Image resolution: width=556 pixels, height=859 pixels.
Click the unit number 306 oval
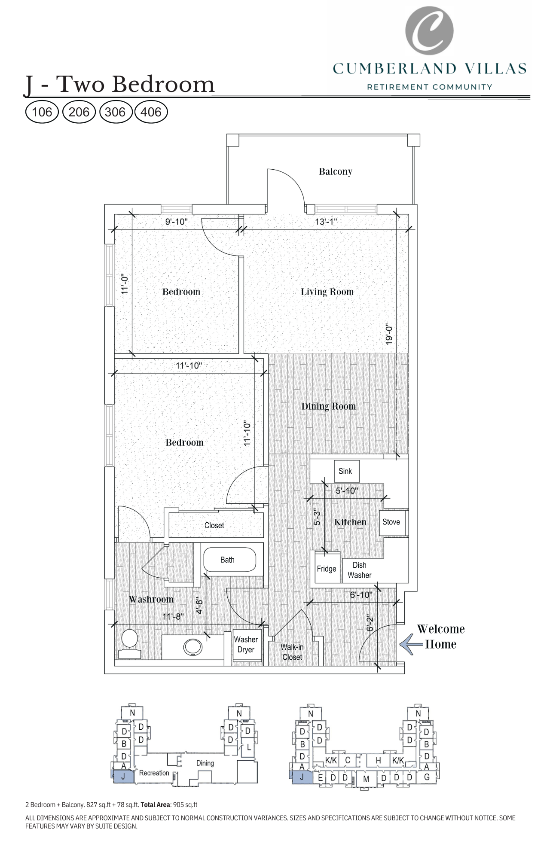point(115,112)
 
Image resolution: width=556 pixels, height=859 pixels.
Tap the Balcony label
point(336,171)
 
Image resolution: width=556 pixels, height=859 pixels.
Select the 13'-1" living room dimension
point(326,222)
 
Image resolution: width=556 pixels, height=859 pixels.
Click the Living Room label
point(327,292)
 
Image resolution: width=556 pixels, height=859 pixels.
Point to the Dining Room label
point(328,406)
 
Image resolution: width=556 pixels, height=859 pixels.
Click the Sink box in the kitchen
point(345,471)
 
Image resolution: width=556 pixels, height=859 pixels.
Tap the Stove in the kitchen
point(391,522)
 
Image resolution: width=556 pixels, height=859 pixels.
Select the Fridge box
point(327,569)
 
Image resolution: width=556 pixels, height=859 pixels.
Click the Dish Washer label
point(360,570)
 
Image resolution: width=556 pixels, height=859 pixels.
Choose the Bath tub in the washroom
point(229,560)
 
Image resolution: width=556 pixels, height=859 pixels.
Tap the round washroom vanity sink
point(193,647)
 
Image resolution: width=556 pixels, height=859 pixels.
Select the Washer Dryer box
point(246,645)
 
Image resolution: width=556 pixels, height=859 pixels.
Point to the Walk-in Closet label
point(292,652)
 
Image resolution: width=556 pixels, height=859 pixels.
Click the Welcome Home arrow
point(410,644)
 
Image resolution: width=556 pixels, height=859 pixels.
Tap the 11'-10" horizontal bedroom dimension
point(189,366)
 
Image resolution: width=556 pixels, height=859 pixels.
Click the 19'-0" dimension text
point(389,334)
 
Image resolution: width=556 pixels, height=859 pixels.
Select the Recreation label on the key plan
point(154,773)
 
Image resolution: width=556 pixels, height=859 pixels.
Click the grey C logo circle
point(429,30)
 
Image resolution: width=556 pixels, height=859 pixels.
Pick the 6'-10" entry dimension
point(360,595)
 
